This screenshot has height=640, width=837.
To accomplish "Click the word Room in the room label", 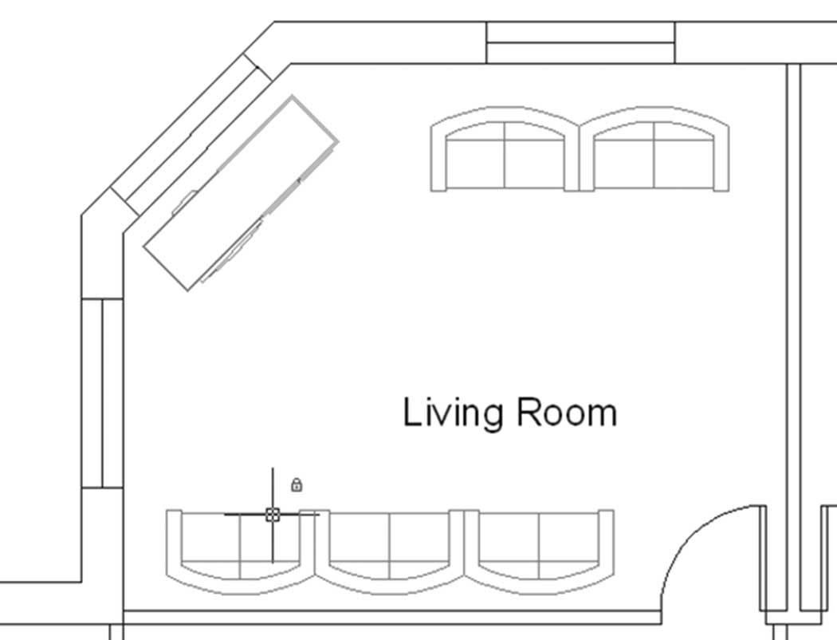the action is coord(567,413).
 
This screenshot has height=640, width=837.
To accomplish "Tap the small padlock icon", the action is coord(297,484).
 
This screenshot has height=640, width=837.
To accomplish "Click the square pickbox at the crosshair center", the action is coord(273,515).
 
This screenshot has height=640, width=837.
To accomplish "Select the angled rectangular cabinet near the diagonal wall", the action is coord(240,193).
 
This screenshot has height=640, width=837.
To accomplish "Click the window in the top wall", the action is coord(581,43).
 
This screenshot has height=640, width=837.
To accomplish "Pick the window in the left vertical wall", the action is coord(102,393).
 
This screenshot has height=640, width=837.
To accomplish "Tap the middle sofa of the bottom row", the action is coord(389,551).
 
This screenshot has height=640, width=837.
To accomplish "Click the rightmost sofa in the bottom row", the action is coord(539,551).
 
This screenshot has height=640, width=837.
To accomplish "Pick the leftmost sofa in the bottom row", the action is coord(240,551).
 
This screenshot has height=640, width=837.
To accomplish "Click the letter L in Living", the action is coord(413,412).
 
